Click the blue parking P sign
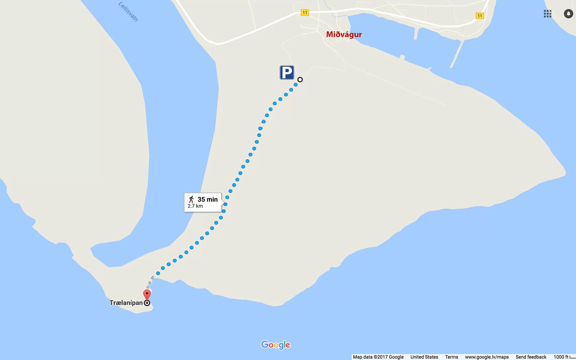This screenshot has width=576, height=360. (x=286, y=73)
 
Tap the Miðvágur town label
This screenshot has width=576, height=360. (x=344, y=34)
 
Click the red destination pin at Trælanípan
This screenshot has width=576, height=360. (x=147, y=294)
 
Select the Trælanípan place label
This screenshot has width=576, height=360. (x=126, y=303)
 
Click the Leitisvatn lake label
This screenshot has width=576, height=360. (x=128, y=12)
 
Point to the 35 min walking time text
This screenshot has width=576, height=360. (x=207, y=199)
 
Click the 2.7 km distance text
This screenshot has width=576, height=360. (x=195, y=206)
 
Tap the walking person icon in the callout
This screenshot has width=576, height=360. (x=191, y=199)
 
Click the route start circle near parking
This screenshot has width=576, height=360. (x=300, y=79)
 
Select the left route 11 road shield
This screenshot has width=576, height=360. (x=305, y=13)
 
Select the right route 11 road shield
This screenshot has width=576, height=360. (x=480, y=16)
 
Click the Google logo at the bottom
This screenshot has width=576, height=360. (x=276, y=345)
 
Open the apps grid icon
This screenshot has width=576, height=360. (x=547, y=14)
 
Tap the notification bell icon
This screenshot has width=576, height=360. (x=568, y=14)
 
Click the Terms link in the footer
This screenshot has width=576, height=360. (x=451, y=357)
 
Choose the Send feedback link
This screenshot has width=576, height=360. (x=531, y=357)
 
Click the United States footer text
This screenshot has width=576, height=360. (x=424, y=357)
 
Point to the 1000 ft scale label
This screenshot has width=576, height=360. (x=561, y=357)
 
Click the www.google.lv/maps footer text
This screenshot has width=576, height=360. (x=487, y=357)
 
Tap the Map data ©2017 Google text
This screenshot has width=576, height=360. (x=378, y=357)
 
